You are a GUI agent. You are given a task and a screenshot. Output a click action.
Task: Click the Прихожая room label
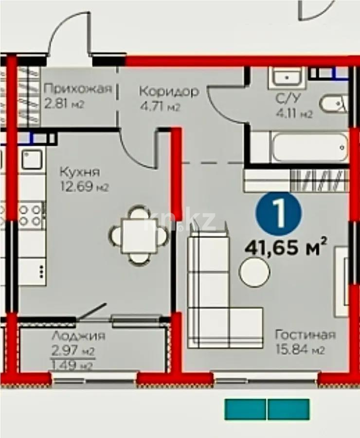(78, 89)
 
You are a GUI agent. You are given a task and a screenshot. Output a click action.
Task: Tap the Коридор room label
(168, 91)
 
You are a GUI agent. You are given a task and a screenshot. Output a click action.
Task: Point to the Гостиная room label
(305, 335)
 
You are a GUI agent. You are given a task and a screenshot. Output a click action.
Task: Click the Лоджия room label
(78, 336)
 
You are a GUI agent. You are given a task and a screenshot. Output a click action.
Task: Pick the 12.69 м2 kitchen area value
(83, 186)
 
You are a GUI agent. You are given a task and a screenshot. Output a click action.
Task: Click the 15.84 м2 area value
(300, 350)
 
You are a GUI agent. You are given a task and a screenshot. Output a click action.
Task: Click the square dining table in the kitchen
(139, 235)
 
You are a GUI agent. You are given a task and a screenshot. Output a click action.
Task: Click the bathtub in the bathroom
(309, 147)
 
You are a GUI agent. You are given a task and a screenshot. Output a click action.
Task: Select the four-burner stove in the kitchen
(32, 216)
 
